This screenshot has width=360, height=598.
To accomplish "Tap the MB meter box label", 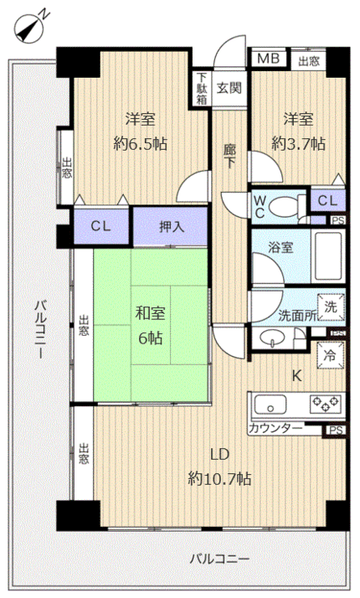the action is pyautogui.click(x=269, y=59).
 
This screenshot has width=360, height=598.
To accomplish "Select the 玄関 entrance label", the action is pyautogui.click(x=229, y=88).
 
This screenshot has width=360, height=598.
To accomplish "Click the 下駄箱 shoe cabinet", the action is pyautogui.click(x=202, y=89).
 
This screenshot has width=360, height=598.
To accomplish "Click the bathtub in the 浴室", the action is pyautogui.click(x=328, y=256).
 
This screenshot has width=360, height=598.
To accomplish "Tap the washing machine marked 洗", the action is pyautogui.click(x=330, y=307).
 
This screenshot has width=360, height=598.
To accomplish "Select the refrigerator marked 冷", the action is pyautogui.click(x=330, y=355).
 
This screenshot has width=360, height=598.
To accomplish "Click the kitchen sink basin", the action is pyautogui.click(x=270, y=405).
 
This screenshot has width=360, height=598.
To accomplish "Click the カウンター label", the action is pyautogui.click(x=275, y=428).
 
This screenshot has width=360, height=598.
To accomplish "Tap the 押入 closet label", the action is pyautogui.click(x=172, y=227).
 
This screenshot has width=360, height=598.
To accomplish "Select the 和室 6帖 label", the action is pyautogui.click(x=150, y=325).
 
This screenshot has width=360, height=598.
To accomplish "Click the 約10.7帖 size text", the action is pyautogui.click(x=219, y=478).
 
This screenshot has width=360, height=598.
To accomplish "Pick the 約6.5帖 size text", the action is pyautogui.click(x=140, y=144).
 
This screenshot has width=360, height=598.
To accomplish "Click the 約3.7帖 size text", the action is pyautogui.click(x=298, y=144).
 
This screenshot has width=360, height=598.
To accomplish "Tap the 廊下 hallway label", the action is pyautogui.click(x=229, y=156).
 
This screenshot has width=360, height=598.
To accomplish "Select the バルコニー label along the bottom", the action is pyautogui.click(x=219, y=559).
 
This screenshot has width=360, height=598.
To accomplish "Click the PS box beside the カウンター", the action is pyautogui.click(x=336, y=430).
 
